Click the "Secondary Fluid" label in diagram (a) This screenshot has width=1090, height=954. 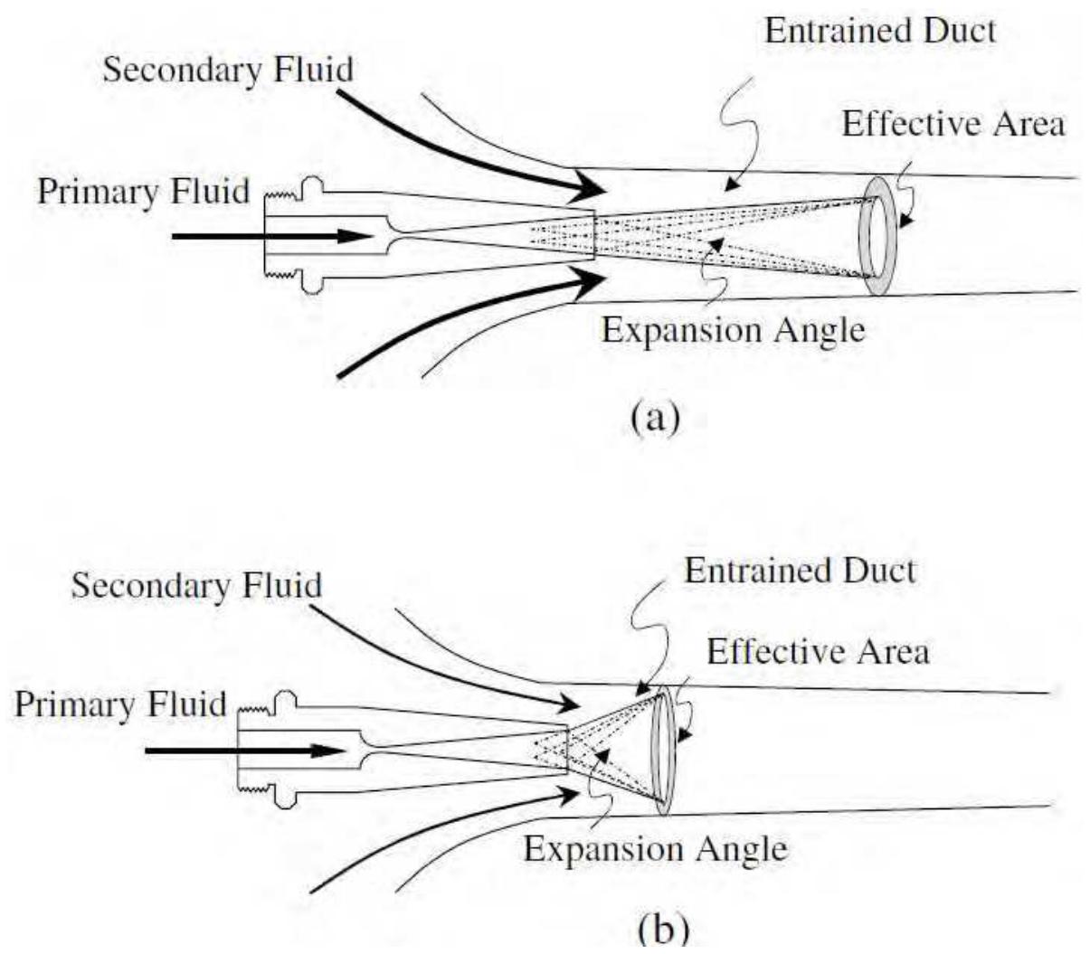(x=227, y=70)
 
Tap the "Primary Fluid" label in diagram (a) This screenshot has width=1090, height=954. (x=143, y=192)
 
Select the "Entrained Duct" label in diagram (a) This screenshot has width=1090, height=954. (x=879, y=31)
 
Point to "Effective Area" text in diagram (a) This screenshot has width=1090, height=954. (x=953, y=123)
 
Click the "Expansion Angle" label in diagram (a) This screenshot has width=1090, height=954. (x=733, y=330)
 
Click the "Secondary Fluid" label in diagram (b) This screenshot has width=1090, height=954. (x=196, y=585)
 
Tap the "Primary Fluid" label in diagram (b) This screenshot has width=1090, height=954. (x=119, y=704)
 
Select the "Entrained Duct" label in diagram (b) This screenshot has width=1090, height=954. (x=800, y=571)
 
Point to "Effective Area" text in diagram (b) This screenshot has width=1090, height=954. (x=818, y=651)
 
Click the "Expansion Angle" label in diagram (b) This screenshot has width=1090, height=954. (x=655, y=849)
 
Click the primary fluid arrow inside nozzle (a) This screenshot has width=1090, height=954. (x=271, y=236)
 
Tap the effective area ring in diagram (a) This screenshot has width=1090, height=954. (x=876, y=234)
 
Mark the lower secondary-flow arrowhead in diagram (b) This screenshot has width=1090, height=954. (x=568, y=794)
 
